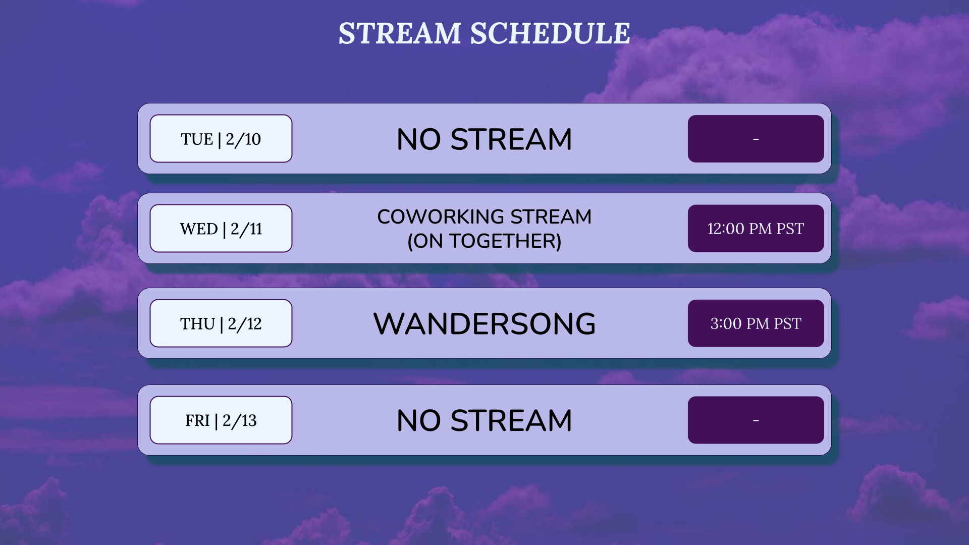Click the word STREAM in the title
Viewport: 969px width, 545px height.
coord(400,33)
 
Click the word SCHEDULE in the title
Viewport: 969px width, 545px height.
coord(550,33)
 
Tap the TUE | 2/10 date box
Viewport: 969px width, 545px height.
coord(221,139)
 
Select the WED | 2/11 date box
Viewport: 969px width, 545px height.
coord(221,229)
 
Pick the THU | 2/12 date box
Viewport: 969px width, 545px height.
coord(221,323)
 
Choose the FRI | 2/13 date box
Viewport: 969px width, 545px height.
coord(221,420)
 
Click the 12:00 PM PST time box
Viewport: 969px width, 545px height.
coord(756,229)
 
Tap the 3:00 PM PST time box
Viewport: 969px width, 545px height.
coord(756,323)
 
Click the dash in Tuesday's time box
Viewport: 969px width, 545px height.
coord(756,139)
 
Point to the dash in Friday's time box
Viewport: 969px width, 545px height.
coord(756,420)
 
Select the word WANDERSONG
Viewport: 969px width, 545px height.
coord(484,323)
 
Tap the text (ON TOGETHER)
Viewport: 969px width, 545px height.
coord(484,241)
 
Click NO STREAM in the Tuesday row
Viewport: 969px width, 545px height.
coord(484,139)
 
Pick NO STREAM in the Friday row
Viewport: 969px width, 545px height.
coord(484,420)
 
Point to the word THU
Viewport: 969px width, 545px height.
coord(197,324)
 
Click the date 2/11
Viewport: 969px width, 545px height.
coord(247,229)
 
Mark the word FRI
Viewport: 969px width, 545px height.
coord(197,421)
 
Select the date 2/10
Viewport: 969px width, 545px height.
coord(243,139)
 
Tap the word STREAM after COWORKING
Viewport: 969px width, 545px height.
coord(551,217)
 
